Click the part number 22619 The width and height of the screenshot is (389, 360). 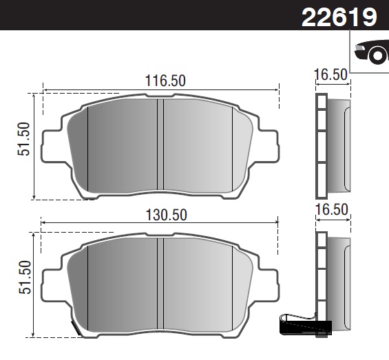[339, 17]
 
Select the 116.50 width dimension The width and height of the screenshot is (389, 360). [165, 81]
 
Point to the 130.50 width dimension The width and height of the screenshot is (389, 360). [165, 214]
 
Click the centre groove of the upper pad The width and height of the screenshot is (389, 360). [160, 145]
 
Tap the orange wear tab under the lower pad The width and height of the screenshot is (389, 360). [77, 330]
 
